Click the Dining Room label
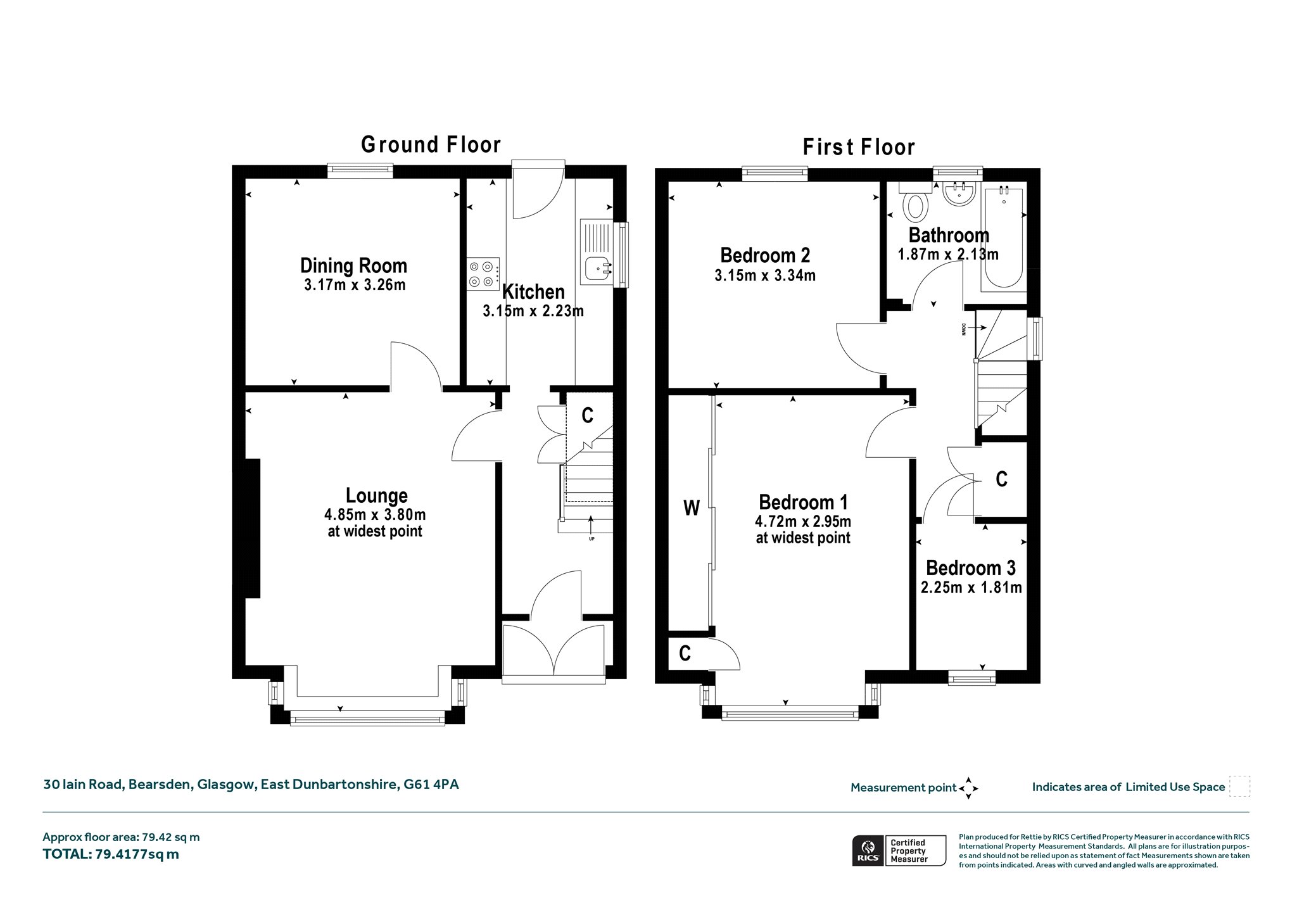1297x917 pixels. click(353, 265)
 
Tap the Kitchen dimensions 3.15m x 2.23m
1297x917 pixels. click(533, 311)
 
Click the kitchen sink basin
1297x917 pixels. click(597, 269)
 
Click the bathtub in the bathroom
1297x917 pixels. click(1002, 237)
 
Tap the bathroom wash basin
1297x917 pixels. click(960, 194)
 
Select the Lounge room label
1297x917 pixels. click(376, 495)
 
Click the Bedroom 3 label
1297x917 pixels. click(970, 567)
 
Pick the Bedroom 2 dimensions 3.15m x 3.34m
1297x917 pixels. click(765, 275)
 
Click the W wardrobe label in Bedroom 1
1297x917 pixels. click(692, 508)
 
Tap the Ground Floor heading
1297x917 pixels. click(431, 144)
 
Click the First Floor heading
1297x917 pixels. click(859, 148)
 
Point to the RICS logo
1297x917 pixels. click(866, 851)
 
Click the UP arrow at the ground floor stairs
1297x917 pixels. click(592, 526)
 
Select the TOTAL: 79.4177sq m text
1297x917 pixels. click(111, 854)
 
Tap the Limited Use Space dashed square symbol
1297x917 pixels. click(1239, 787)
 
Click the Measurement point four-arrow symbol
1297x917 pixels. click(968, 788)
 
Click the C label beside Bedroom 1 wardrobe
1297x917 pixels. click(685, 653)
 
